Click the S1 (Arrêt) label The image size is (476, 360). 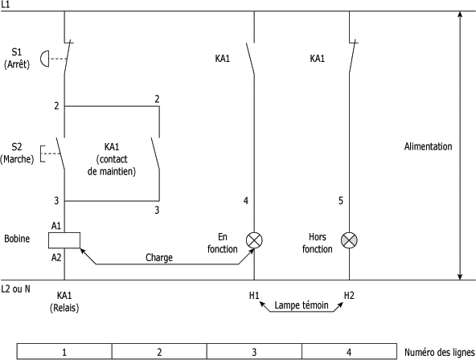[17, 58]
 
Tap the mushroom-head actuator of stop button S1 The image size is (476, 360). [44, 59]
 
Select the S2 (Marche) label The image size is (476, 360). [17, 153]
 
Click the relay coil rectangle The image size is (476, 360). [64, 240]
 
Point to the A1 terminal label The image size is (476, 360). [56, 226]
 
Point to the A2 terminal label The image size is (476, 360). [56, 257]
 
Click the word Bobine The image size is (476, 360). [17, 239]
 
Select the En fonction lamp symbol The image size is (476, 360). [254, 240]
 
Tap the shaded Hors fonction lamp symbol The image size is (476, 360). [349, 240]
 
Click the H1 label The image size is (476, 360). [254, 296]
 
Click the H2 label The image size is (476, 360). [349, 296]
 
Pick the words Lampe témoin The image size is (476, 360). [302, 305]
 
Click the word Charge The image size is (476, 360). [159, 258]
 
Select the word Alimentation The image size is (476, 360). [428, 146]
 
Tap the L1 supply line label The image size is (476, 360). [5, 5]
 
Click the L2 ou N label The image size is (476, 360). [16, 288]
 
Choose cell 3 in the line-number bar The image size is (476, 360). [254, 352]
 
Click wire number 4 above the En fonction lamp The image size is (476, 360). [246, 201]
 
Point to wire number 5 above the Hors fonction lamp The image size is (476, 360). [341, 201]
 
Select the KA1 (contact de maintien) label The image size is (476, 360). [112, 159]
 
